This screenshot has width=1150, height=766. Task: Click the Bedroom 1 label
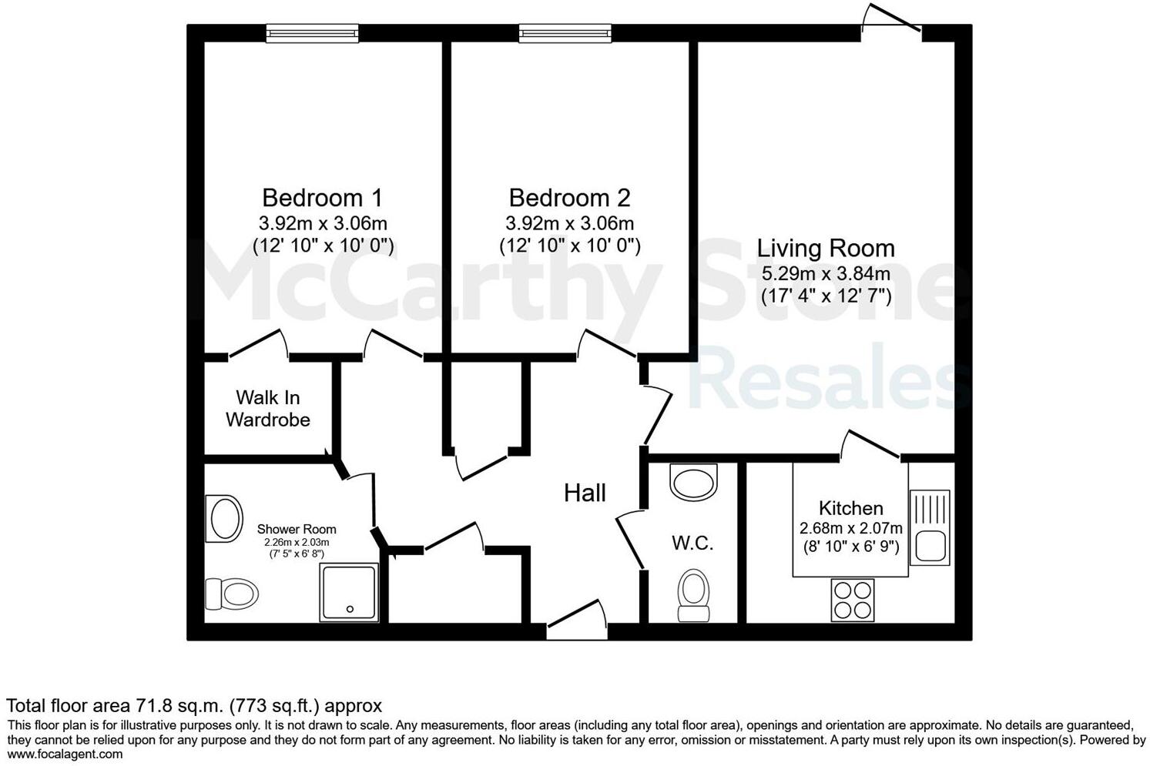pyautogui.click(x=322, y=198)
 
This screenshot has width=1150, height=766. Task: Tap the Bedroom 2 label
pyautogui.click(x=569, y=198)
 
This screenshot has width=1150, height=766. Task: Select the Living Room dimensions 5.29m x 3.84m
pyautogui.click(x=826, y=273)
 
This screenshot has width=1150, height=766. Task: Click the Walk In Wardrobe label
pyautogui.click(x=268, y=409)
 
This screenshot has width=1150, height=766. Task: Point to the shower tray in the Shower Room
pyautogui.click(x=350, y=592)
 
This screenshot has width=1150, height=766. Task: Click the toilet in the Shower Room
pyautogui.click(x=231, y=594)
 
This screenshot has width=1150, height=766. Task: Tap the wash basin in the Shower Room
pyautogui.click(x=223, y=518)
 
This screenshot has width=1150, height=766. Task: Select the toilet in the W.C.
pyautogui.click(x=693, y=595)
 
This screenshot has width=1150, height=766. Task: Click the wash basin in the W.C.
pyautogui.click(x=694, y=482)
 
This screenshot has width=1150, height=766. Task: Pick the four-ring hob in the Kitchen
pyautogui.click(x=853, y=600)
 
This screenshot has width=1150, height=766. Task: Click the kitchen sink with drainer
pyautogui.click(x=930, y=527)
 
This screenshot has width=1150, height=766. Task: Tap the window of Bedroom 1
pyautogui.click(x=312, y=33)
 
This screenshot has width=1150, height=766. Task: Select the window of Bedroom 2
pyautogui.click(x=565, y=33)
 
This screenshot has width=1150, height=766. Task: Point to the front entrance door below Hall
pyautogui.click(x=576, y=622)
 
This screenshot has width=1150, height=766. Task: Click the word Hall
pyautogui.click(x=585, y=493)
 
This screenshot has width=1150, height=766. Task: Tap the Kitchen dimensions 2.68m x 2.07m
pyautogui.click(x=850, y=529)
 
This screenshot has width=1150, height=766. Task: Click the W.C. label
pyautogui.click(x=692, y=544)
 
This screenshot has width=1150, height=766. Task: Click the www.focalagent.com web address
pyautogui.click(x=65, y=754)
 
